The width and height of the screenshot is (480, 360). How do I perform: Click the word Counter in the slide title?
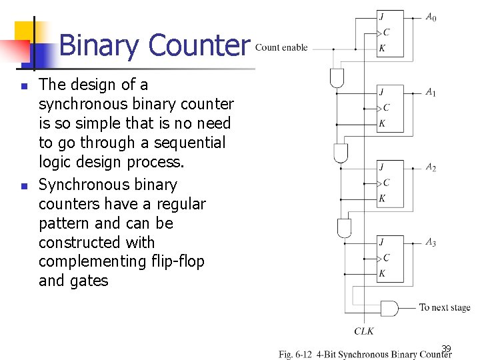(199, 45)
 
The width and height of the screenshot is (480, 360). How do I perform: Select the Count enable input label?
(281, 47)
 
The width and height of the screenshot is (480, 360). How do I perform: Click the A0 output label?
(431, 17)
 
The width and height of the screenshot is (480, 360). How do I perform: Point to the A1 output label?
(431, 92)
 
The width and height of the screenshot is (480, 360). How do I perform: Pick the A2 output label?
(431, 167)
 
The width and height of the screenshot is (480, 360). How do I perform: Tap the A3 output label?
(431, 243)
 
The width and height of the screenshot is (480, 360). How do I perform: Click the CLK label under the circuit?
(364, 331)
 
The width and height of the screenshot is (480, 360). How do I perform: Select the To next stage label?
(445, 308)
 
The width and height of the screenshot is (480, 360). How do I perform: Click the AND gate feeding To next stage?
(388, 308)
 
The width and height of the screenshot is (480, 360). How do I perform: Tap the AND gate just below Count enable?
(337, 78)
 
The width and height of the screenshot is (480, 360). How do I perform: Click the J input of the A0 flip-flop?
(381, 17)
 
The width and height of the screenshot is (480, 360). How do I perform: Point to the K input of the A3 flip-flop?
(382, 273)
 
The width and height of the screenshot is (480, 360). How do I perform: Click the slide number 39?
(446, 348)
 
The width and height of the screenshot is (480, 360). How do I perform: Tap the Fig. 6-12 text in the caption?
(296, 354)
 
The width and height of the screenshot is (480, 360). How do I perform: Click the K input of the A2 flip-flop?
(382, 198)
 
